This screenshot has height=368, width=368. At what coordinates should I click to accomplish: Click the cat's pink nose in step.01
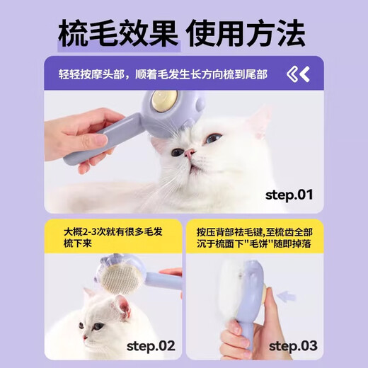190,152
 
